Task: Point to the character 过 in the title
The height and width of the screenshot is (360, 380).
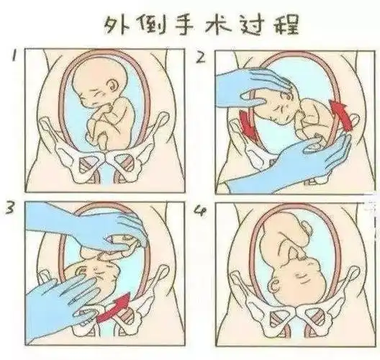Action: pyautogui.click(x=251, y=25)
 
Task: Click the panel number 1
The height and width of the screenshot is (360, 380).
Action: pyautogui.click(x=14, y=55)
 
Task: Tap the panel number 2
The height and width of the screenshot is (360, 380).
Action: pyautogui.click(x=200, y=58)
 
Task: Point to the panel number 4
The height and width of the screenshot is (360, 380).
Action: pyautogui.click(x=201, y=211)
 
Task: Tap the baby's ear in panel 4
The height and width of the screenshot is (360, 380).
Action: pyautogui.click(x=275, y=286)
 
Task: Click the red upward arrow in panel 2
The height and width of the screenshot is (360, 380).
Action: pyautogui.click(x=339, y=114)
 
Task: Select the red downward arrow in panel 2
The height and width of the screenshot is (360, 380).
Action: pyautogui.click(x=248, y=126)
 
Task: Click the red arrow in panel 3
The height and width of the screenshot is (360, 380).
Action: pyautogui.click(x=114, y=308)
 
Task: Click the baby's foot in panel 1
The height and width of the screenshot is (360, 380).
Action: pyautogui.click(x=103, y=143)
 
